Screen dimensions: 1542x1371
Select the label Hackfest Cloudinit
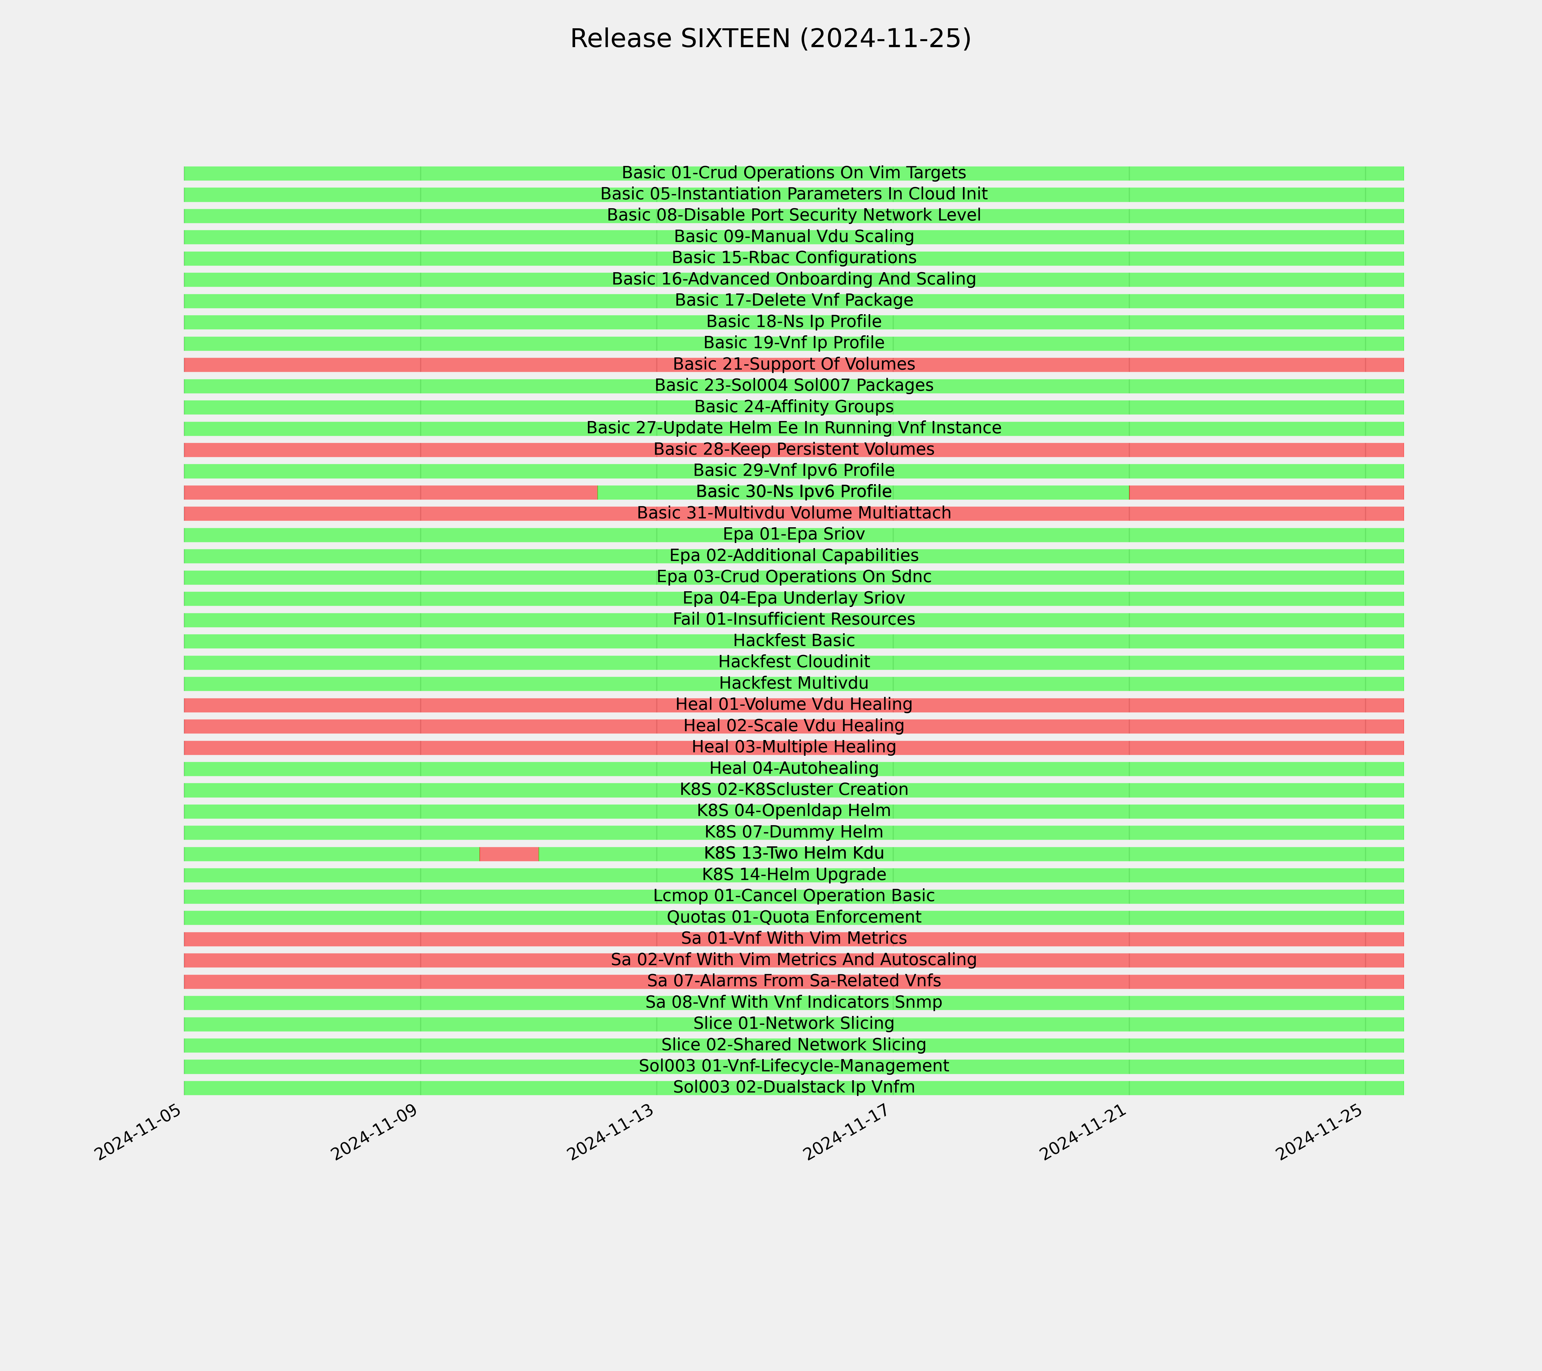(794, 662)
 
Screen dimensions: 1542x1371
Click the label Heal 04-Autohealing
(794, 768)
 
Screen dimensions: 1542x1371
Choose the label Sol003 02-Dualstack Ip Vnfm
(794, 1087)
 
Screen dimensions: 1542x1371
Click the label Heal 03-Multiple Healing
(794, 747)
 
